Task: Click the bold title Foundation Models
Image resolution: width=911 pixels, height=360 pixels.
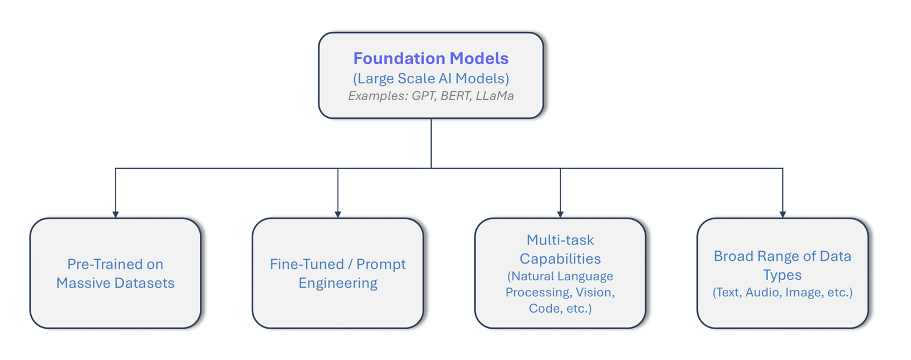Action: pyautogui.click(x=430, y=58)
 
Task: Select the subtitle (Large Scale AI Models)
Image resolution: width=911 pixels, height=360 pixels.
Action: pyautogui.click(x=430, y=78)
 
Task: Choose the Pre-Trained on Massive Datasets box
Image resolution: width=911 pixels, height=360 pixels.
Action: pyautogui.click(x=116, y=273)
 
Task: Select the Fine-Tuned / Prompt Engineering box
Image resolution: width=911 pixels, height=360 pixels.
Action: pyautogui.click(x=338, y=273)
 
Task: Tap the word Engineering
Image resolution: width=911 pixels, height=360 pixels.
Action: pyautogui.click(x=338, y=283)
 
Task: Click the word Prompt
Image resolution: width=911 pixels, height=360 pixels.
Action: pyautogui.click(x=381, y=264)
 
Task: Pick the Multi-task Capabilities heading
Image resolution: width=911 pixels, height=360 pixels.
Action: pyautogui.click(x=560, y=249)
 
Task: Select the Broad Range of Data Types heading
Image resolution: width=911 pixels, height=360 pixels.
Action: pyautogui.click(x=782, y=265)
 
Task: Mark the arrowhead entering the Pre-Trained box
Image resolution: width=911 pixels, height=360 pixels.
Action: pyautogui.click(x=116, y=214)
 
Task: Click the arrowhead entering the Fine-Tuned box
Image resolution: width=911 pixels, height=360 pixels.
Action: pyautogui.click(x=338, y=214)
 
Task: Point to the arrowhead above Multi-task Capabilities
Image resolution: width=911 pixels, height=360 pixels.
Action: pyautogui.click(x=560, y=214)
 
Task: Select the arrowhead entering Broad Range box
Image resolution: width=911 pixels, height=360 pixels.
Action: pyautogui.click(x=783, y=214)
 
